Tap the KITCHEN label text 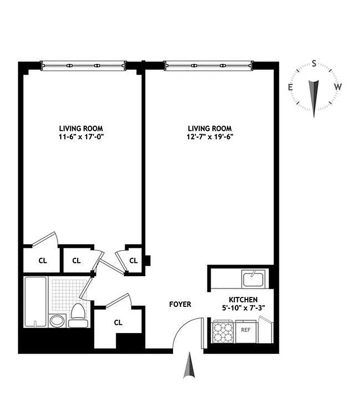pos(242,300)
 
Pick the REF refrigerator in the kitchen pos(245,330)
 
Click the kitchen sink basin pos(254,279)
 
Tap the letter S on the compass pos(314,64)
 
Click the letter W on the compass pos(338,87)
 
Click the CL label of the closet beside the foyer pos(118,322)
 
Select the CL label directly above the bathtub pos(43,261)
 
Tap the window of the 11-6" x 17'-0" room pos(83,64)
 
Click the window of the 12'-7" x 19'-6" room pos(209,64)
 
